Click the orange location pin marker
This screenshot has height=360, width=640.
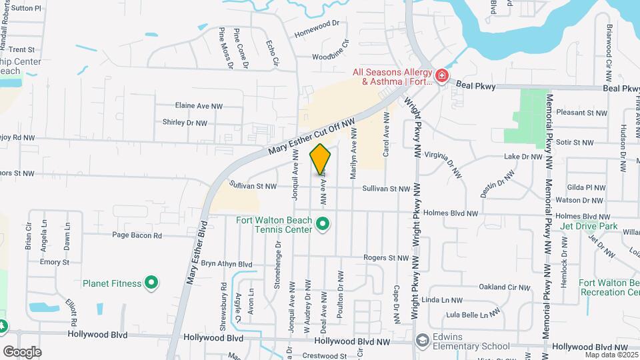pos(320,160)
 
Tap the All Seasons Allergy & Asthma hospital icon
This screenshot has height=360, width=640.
pos(441,77)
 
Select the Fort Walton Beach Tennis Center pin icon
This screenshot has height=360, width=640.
pos(323,224)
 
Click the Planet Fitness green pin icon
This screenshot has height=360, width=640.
pos(151,283)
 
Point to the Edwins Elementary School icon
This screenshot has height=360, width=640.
pos(422,341)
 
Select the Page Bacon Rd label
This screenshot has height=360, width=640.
pos(137,235)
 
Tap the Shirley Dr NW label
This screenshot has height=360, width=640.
pos(185,123)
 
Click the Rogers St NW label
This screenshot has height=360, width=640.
pos(385,258)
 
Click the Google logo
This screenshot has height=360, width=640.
pos(22,351)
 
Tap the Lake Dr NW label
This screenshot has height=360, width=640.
pos(524,157)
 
